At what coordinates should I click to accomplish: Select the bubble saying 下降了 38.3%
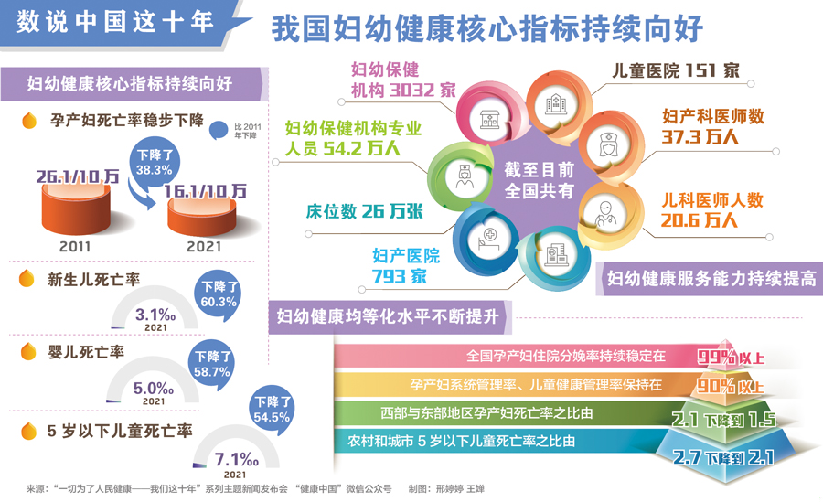click(x=155, y=162)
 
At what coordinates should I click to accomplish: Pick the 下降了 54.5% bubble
click(x=272, y=410)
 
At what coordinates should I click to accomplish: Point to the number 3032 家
click(x=422, y=91)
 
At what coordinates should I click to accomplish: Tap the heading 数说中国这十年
click(x=116, y=22)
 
